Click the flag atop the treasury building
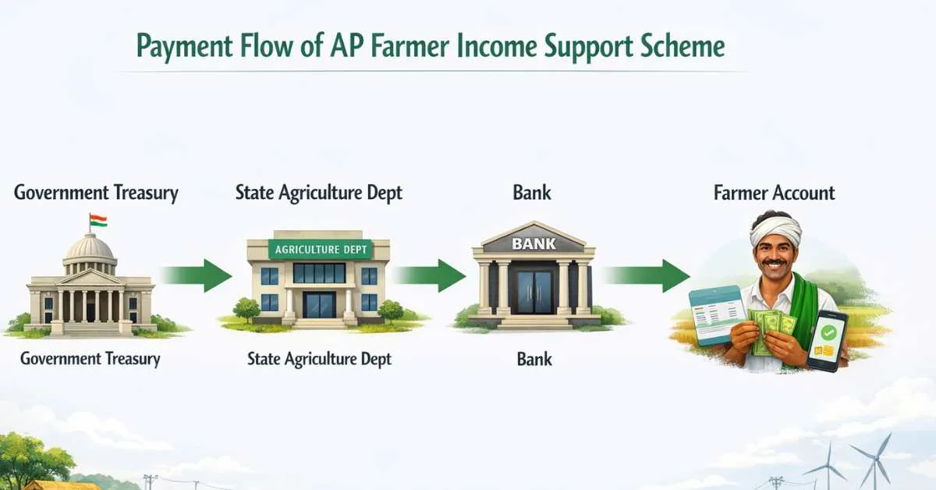click(x=98, y=221)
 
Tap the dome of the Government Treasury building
click(x=90, y=247)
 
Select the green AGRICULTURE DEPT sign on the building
click(x=321, y=250)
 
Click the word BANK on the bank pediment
click(x=534, y=243)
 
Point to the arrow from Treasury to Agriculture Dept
click(x=196, y=276)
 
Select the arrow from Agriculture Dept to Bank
click(x=430, y=276)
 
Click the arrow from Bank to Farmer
click(x=647, y=276)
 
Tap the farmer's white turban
click(x=775, y=229)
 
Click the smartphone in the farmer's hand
click(x=828, y=341)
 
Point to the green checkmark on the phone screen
click(x=828, y=332)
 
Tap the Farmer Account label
click(x=774, y=194)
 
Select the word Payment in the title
click(x=184, y=47)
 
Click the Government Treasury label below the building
click(x=90, y=359)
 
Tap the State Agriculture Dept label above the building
click(x=318, y=194)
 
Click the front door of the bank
click(x=534, y=291)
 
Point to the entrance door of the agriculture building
click(x=319, y=305)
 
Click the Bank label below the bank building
click(x=534, y=359)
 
